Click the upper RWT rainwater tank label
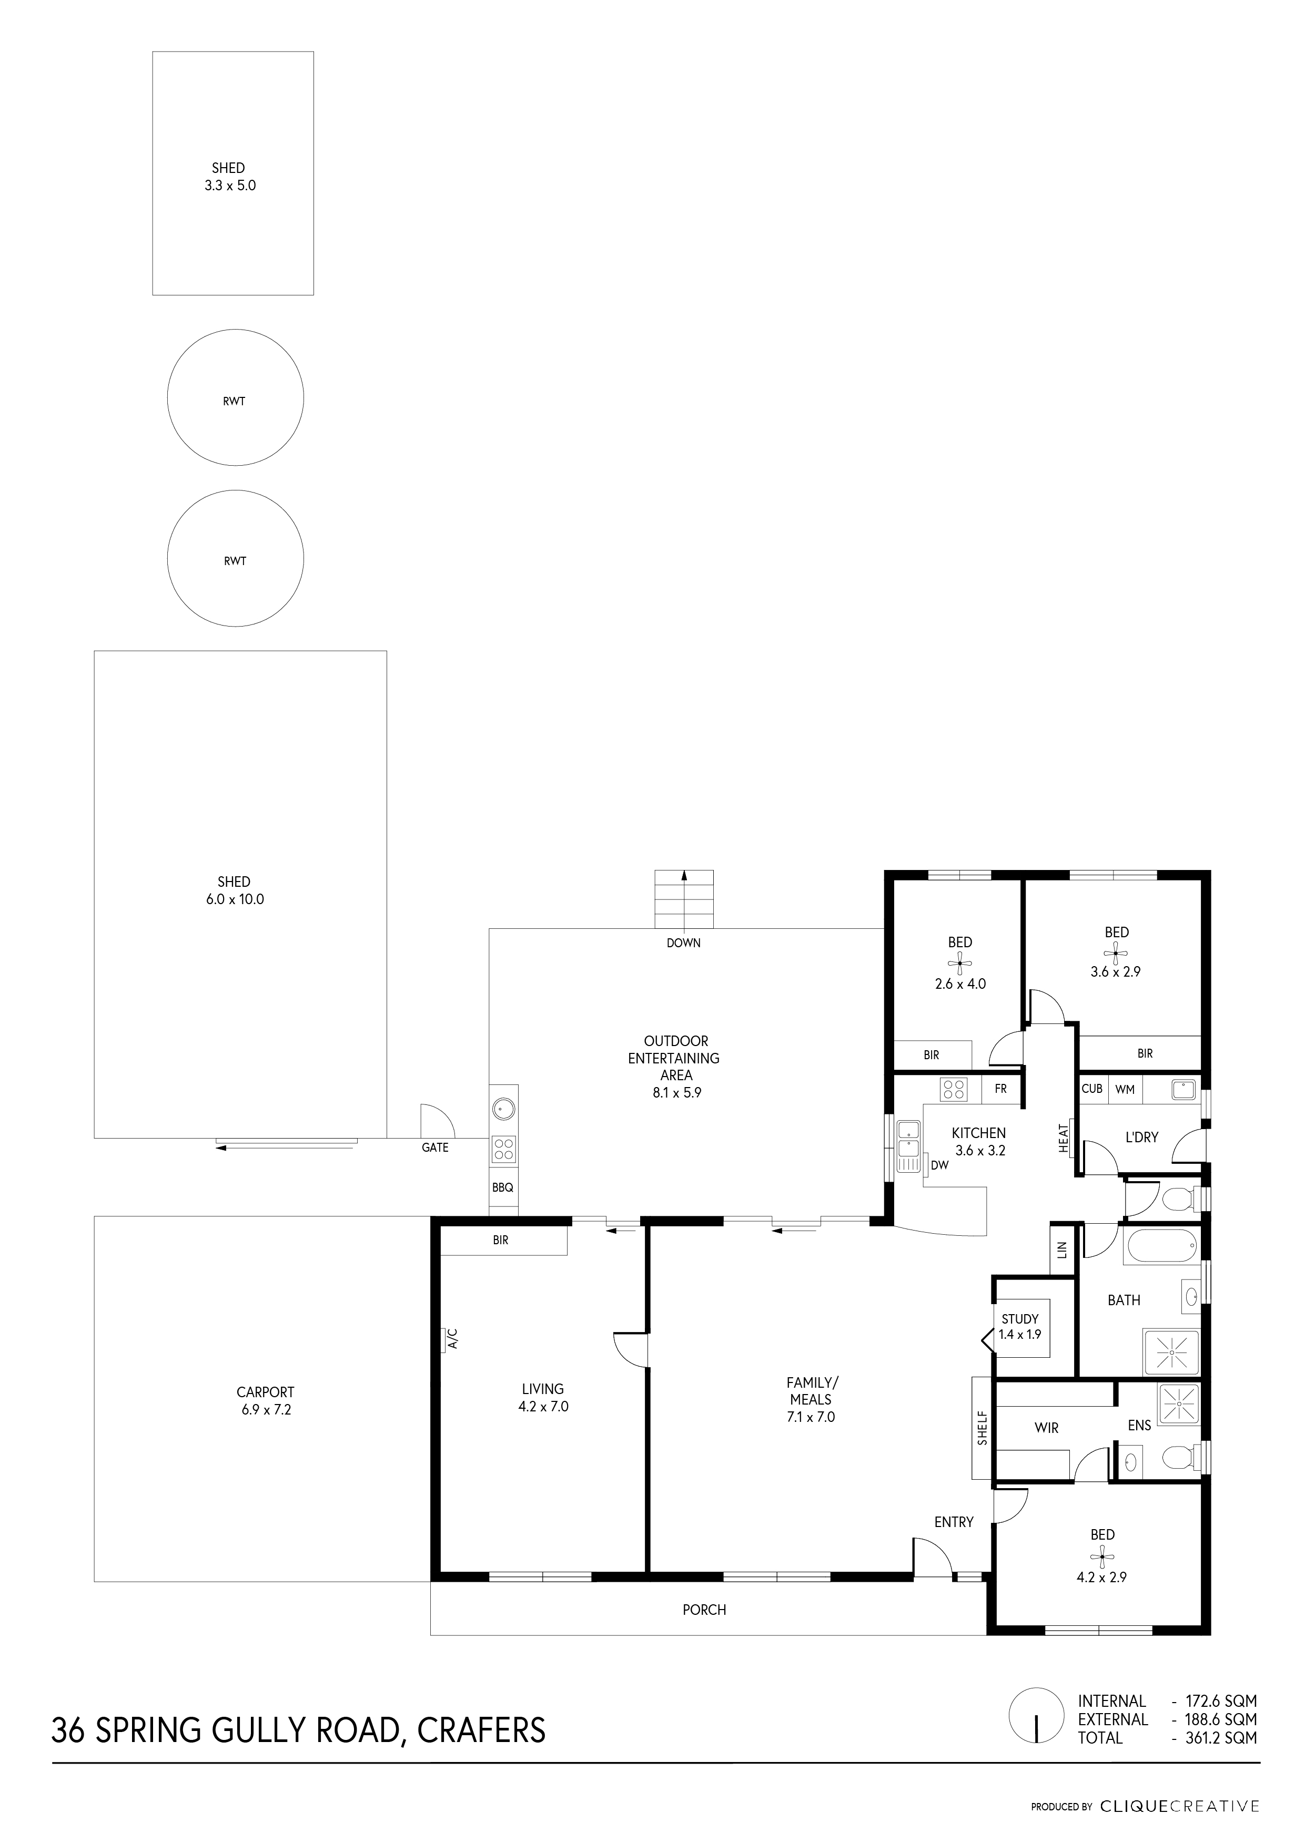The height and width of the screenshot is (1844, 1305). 234,402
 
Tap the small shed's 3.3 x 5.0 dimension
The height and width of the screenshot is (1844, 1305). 230,186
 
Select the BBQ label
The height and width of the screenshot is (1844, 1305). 503,1188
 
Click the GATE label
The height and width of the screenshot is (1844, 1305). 434,1148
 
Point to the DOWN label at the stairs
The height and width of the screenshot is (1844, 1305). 683,943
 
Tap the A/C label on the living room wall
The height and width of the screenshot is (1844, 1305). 452,1338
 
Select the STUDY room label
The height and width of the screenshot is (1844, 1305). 1020,1319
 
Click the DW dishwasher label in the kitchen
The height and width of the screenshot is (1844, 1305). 939,1164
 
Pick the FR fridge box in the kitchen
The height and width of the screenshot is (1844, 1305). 1000,1090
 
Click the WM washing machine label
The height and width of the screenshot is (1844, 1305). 1125,1090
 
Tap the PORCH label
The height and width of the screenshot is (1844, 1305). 704,1610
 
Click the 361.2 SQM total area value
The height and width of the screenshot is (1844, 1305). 1221,1738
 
